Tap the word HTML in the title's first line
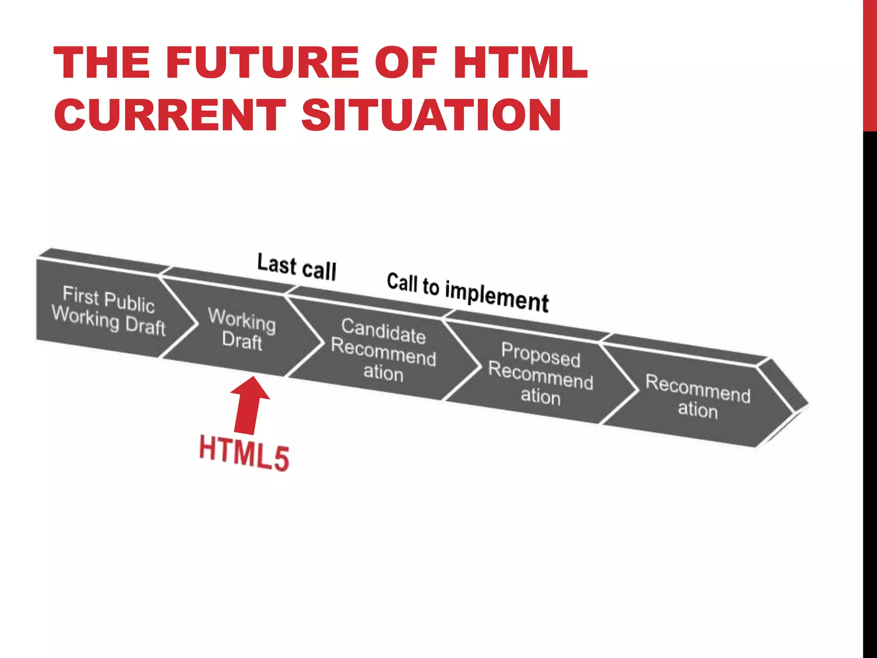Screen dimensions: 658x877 pyautogui.click(x=520, y=63)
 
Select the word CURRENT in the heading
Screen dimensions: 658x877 pyautogui.click(x=170, y=115)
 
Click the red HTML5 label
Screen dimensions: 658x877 pyautogui.click(x=244, y=453)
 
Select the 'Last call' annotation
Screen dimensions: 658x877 pyautogui.click(x=297, y=266)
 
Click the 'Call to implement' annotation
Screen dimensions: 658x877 pyautogui.click(x=468, y=292)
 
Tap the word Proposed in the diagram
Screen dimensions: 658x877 pyautogui.click(x=541, y=354)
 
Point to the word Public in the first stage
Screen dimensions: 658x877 pyautogui.click(x=129, y=302)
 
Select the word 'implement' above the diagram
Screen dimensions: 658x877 pyautogui.click(x=497, y=296)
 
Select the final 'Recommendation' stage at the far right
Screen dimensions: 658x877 pyautogui.click(x=698, y=396)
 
